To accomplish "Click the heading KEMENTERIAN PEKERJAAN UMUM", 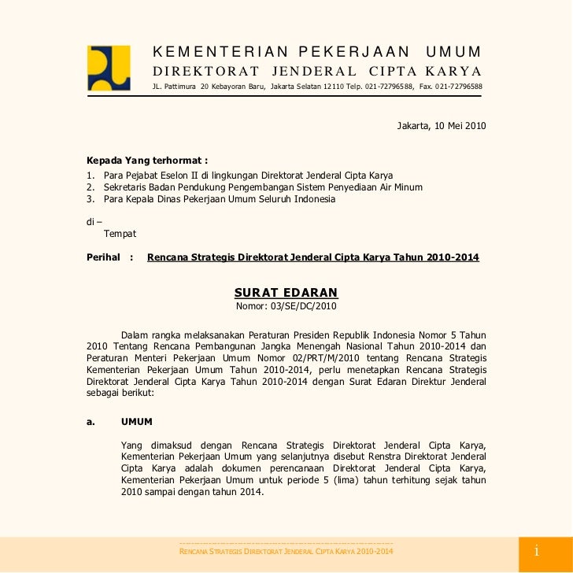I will [316, 53].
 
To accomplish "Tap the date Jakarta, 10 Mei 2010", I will [442, 126].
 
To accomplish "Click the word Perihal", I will [104, 257].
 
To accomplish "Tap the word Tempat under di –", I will [120, 235].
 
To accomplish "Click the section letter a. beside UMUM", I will [91, 421].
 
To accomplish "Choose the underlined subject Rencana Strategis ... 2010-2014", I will [313, 257].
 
